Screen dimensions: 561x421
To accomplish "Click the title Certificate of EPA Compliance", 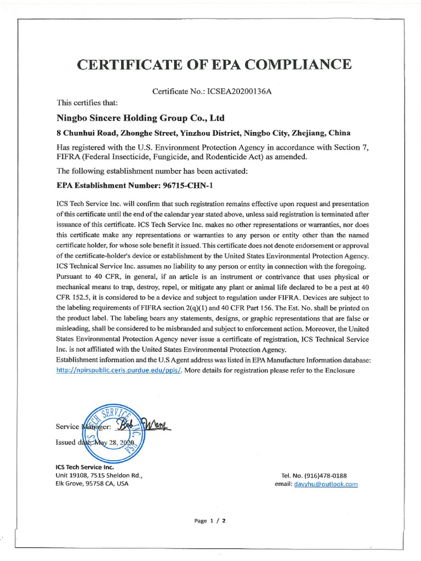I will [x=214, y=64].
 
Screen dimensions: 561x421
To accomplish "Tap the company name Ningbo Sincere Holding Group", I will [x=140, y=118].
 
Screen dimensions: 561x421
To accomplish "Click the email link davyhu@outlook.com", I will [x=326, y=484].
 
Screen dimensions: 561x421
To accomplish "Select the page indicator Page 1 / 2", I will [x=210, y=521].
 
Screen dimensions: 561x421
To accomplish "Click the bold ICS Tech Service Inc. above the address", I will [x=84, y=467].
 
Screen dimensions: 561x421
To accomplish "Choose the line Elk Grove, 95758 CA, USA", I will [x=92, y=484].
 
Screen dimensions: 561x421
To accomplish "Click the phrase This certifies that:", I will [x=84, y=102].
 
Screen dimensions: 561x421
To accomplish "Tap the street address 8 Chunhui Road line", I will [x=204, y=133].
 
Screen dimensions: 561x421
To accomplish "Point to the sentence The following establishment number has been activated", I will [x=152, y=171].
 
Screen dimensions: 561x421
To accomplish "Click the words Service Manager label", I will [x=82, y=426].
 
